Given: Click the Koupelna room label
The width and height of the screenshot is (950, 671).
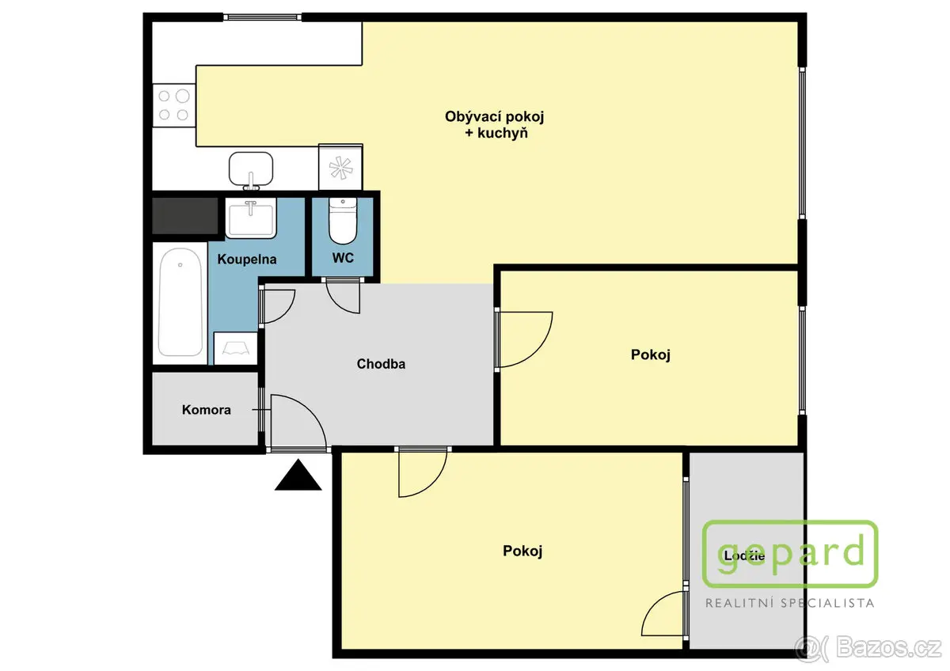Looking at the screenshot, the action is tap(247, 259).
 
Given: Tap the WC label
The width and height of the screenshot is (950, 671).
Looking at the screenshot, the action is tap(343, 258).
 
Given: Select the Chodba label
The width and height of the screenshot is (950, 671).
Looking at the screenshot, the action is tap(381, 364).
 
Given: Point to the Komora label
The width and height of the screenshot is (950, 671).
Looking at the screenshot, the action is tap(206, 409).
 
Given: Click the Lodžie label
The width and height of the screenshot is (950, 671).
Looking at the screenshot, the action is tap(744, 555).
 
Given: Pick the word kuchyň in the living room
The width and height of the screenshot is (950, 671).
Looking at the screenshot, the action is tap(503, 133).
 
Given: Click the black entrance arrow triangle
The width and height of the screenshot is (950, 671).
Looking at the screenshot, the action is tap(298, 475).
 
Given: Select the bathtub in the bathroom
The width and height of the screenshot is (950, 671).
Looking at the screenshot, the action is tap(180, 302).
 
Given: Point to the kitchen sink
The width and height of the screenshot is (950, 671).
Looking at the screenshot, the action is tap(251, 169).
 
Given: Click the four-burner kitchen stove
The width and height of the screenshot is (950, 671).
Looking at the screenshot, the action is tap(173, 105).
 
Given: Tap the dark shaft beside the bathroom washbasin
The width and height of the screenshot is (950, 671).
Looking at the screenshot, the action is tap(185, 216).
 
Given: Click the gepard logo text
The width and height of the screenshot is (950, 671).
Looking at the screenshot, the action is tap(790, 553).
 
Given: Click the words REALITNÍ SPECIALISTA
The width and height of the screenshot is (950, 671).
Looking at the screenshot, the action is tap(790, 603).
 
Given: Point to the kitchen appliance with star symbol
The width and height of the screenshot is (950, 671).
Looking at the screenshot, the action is tap(340, 167).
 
